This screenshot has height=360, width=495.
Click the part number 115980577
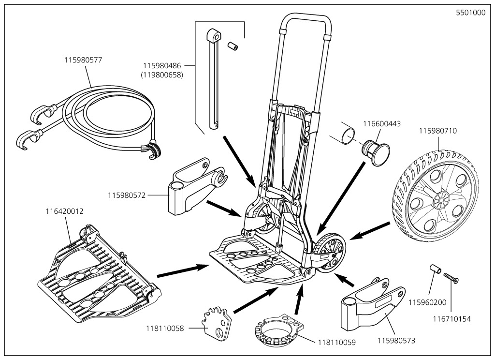tap(83, 60)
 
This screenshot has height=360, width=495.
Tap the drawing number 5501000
tap(471, 13)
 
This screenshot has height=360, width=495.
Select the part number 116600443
tap(382, 124)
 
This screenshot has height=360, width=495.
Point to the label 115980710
tap(437, 131)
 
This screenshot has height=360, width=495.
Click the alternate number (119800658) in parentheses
tap(162, 75)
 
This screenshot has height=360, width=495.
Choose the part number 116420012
tap(65, 211)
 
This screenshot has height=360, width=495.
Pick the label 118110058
tap(165, 328)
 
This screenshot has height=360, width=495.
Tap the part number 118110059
tap(336, 342)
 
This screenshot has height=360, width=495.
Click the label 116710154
tap(451, 319)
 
